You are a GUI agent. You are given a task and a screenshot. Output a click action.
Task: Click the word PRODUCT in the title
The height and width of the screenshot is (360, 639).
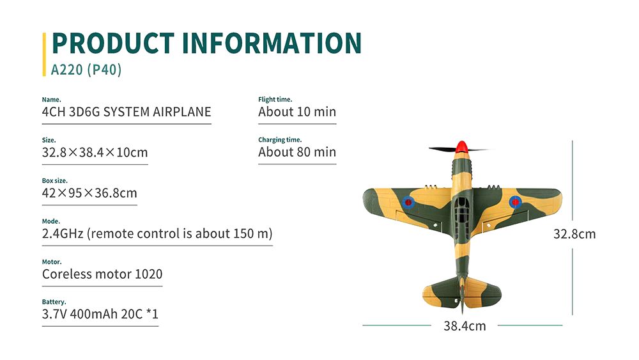pos(112,43)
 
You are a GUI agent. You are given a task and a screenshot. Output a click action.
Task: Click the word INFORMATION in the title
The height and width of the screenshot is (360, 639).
pos(272,43)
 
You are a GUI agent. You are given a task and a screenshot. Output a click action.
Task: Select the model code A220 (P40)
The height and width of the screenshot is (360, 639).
pos(86,69)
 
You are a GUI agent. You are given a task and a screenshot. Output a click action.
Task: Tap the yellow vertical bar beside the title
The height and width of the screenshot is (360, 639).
pos(45,54)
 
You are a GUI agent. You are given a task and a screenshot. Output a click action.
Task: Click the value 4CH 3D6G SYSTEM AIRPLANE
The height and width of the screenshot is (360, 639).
pos(127,113)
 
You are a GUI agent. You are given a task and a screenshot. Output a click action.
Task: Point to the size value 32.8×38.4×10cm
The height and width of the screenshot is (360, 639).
pos(95,153)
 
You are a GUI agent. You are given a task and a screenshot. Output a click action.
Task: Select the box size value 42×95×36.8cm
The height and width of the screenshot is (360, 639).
pos(89,193)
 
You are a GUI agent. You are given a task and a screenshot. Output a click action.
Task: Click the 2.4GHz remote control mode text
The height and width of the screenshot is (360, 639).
pos(157,233)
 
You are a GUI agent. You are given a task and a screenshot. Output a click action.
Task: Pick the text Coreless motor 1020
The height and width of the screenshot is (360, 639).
pos(102,274)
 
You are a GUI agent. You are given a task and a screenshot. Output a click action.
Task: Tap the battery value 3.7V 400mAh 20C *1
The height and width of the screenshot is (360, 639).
pos(100,315)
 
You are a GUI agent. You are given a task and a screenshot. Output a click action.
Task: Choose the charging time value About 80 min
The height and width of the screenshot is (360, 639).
pos(297,153)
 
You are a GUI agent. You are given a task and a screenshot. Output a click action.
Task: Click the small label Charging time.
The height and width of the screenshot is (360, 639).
pos(280,140)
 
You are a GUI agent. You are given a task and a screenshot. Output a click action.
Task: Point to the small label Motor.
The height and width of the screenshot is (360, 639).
pos(52,262)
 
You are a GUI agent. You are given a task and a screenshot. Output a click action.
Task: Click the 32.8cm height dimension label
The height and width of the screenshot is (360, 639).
pos(574,234)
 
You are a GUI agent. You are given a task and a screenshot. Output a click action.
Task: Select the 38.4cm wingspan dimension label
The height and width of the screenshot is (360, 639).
pos(465,326)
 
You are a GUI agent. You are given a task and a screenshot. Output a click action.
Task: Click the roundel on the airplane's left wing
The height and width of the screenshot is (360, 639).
pos(408,203)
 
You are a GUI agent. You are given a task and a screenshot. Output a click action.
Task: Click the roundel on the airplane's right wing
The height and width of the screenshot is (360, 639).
pos(514,203)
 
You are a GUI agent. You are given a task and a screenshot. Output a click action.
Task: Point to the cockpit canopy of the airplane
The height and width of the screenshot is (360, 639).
pos(461,208)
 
